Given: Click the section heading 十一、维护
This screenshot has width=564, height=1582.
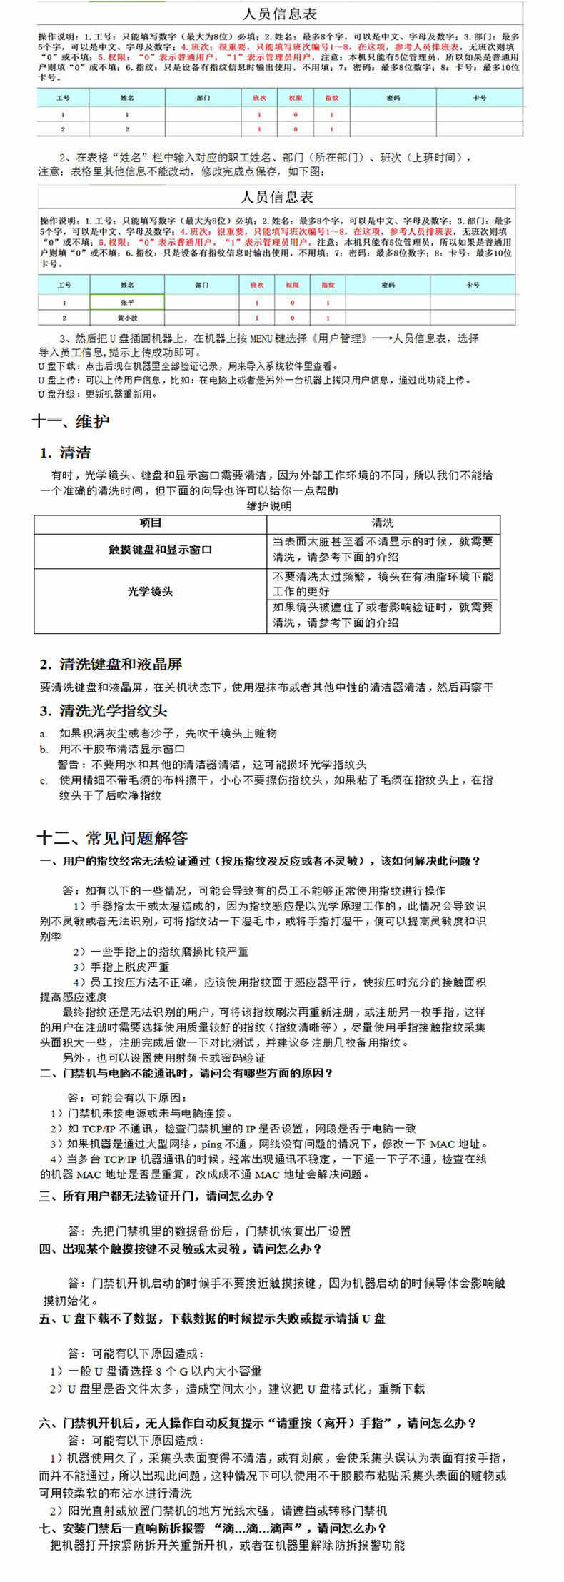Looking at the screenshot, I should (71, 421).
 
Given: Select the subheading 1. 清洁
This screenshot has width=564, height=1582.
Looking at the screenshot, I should (65, 453).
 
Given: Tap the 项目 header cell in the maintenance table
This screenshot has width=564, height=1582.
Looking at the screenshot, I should (150, 523).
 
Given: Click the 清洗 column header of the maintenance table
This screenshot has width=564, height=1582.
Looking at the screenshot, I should (383, 523).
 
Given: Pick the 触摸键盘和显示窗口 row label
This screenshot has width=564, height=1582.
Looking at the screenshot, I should (150, 550).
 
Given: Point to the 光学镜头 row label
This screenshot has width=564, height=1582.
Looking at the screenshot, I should (150, 591).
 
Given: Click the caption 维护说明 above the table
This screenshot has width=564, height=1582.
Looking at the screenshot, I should (269, 506).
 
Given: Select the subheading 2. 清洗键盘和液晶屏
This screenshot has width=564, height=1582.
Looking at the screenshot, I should (111, 665).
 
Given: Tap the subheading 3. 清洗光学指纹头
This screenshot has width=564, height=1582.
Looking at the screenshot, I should (104, 710).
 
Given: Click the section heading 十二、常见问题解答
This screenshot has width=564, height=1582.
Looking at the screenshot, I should (112, 837).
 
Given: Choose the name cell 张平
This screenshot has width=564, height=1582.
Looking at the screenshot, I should (127, 303).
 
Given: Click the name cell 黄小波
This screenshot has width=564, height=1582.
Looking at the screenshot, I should (127, 318).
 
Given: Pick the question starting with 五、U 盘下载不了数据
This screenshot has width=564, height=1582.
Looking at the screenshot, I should (212, 1319).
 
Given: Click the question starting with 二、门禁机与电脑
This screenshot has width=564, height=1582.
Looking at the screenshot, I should (186, 1073).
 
